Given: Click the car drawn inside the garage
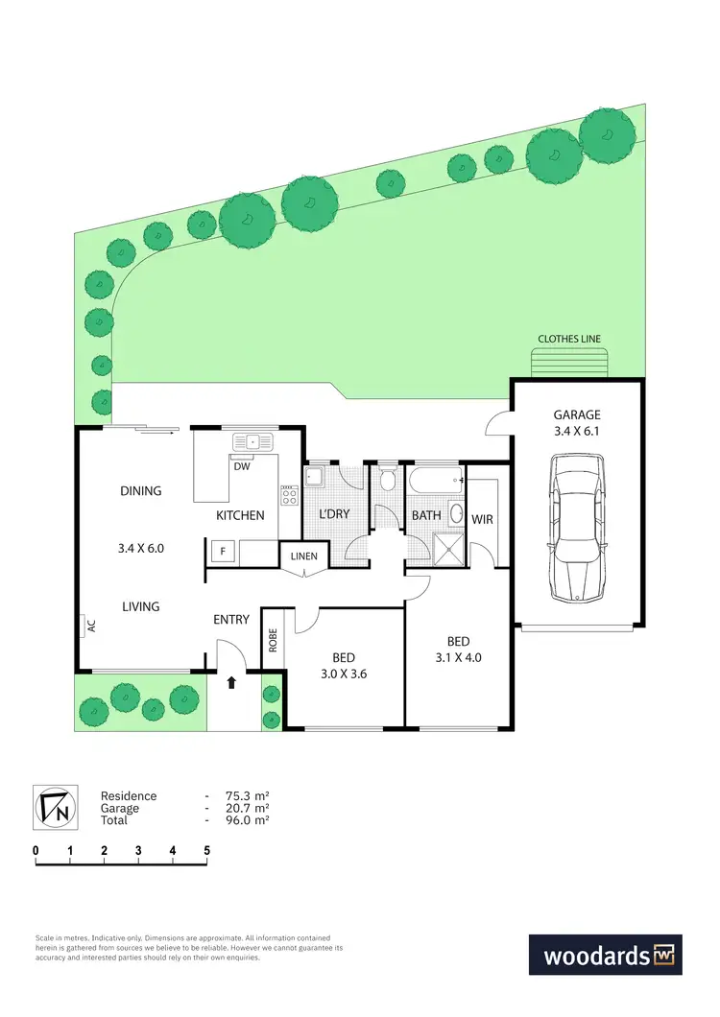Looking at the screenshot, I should coord(576,528).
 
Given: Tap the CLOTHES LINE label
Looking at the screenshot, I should coord(570,339).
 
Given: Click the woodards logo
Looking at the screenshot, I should coord(605,956).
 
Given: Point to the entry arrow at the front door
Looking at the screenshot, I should coord(231,684).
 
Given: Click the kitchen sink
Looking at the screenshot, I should coord(253,441).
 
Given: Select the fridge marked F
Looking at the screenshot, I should coord(223,553).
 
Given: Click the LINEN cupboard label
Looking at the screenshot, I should coord(303,556).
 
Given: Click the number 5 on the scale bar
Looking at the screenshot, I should coord(206,850).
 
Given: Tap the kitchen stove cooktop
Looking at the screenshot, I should coord(289,495).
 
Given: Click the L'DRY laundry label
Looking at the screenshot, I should coord(333,514).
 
